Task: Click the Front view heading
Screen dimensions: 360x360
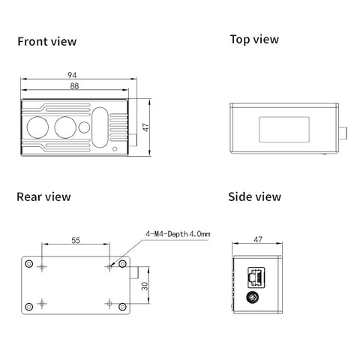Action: click(x=47, y=41)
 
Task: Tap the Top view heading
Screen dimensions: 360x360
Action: click(x=254, y=40)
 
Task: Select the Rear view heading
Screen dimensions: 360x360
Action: click(x=43, y=196)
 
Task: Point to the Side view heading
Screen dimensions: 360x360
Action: click(x=254, y=196)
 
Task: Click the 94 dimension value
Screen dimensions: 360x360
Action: click(x=72, y=75)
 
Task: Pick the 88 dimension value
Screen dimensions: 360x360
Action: click(x=74, y=86)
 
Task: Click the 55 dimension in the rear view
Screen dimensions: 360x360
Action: click(x=76, y=240)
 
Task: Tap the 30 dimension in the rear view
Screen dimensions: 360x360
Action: click(x=145, y=286)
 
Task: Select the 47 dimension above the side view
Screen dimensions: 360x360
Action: click(x=258, y=239)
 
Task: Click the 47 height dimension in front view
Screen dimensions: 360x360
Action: click(x=145, y=127)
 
